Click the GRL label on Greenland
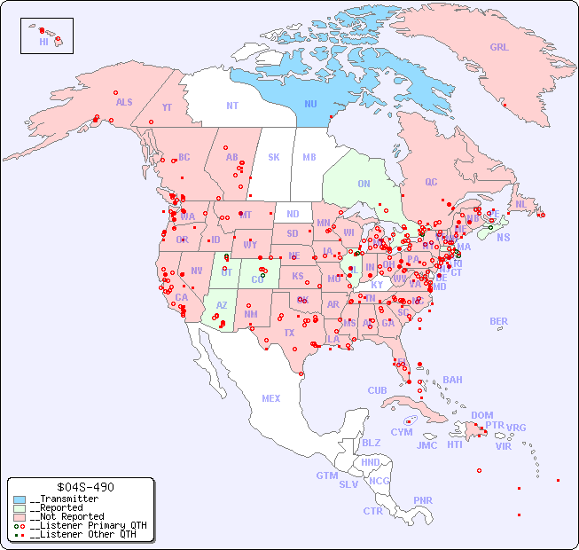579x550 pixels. (499, 48)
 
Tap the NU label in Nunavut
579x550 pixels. (310, 104)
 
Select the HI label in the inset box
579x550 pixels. (43, 42)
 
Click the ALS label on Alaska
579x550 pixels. (124, 102)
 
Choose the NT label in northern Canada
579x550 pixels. (231, 105)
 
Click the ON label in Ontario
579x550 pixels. (364, 184)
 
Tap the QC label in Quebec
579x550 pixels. (431, 182)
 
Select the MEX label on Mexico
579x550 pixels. (271, 398)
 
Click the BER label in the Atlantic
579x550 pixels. (499, 321)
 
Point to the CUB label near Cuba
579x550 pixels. (377, 390)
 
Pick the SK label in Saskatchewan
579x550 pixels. (274, 157)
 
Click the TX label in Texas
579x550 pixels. (289, 333)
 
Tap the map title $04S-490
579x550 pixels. (81, 487)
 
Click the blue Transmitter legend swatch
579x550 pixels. (20, 499)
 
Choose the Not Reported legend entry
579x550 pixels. (67, 516)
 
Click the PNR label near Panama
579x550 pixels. (423, 500)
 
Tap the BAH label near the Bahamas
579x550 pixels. (452, 380)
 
